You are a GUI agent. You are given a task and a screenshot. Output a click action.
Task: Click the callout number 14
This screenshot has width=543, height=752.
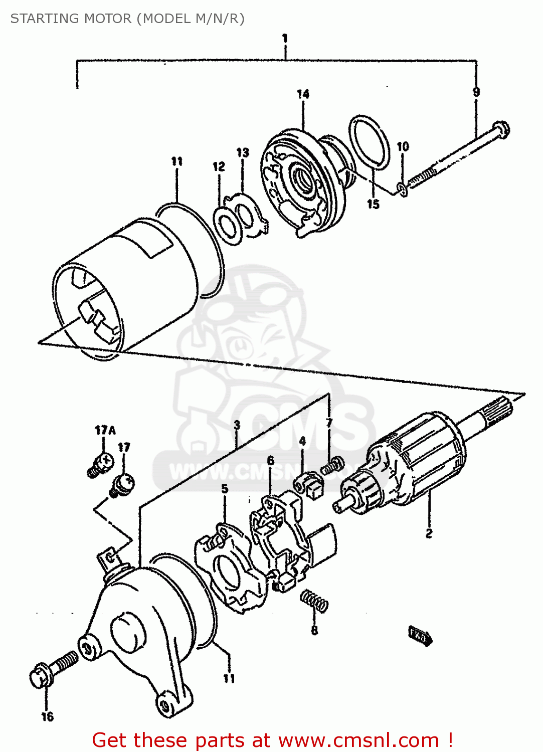tap(303, 94)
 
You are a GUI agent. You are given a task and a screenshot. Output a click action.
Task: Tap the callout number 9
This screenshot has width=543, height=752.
tap(476, 92)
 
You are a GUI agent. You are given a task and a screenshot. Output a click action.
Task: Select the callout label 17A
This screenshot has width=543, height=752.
tap(105, 430)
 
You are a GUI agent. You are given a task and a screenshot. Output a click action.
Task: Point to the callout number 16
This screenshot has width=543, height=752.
tap(47, 717)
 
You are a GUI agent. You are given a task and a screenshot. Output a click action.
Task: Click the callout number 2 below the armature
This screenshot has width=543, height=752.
tap(429, 533)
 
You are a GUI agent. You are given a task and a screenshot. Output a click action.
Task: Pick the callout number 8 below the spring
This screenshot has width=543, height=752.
tap(314, 630)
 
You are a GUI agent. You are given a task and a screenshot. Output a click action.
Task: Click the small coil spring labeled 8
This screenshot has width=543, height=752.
tap(314, 601)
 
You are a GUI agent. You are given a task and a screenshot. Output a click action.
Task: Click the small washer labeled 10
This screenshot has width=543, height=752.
tap(403, 189)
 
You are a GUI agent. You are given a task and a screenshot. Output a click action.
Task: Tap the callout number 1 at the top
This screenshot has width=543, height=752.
tap(285, 38)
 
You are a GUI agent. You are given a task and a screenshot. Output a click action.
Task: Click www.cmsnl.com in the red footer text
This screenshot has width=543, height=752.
tap(358, 740)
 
